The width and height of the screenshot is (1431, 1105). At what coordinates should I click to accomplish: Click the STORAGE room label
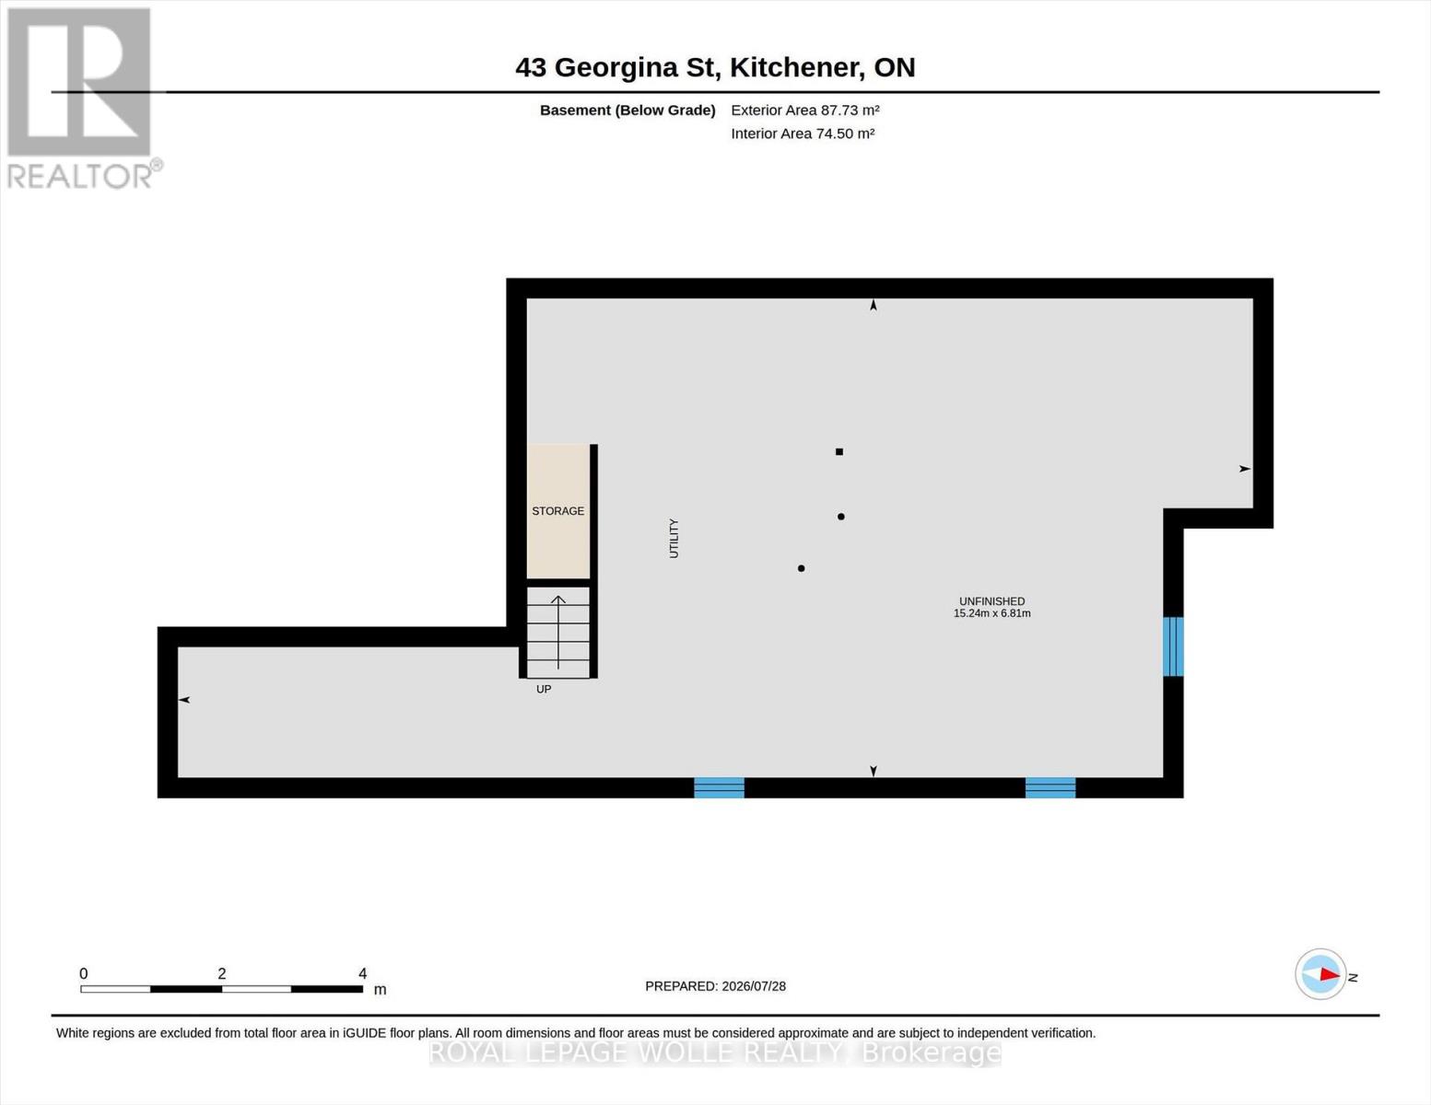coord(557,511)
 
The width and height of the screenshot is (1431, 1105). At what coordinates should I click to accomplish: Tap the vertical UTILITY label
coord(674,539)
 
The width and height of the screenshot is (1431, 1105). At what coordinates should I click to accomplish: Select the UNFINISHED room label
coord(991,601)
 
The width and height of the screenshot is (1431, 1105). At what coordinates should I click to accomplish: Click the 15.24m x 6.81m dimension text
coord(991,613)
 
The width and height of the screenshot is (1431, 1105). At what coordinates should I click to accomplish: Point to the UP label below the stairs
coord(544,689)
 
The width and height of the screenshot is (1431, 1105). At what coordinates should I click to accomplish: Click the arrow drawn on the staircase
coord(557,632)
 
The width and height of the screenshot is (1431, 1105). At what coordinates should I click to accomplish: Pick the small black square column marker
coord(839,451)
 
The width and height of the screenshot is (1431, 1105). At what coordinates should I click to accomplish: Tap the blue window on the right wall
coord(1173,646)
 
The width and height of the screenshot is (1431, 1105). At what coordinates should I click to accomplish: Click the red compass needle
coord(1330,974)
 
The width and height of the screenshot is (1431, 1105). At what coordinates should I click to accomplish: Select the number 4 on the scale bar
coord(362,972)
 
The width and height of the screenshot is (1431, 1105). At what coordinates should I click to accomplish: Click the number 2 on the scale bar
coord(222,972)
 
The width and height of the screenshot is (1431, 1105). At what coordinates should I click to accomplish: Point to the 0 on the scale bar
coord(84,972)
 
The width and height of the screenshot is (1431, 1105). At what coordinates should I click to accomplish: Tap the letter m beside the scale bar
coord(380,989)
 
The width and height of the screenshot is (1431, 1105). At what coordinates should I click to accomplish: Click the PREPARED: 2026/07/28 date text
coord(715,986)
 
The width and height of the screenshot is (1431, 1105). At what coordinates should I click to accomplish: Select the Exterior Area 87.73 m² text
coord(805,110)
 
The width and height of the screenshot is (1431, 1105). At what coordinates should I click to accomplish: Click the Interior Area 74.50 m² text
coord(803,134)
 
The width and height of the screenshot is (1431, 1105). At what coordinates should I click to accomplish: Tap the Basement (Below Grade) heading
coord(628,110)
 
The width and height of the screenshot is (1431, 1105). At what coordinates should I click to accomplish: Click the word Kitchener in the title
coord(797,67)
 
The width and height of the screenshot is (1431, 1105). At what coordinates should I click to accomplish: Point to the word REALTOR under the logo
coord(79,177)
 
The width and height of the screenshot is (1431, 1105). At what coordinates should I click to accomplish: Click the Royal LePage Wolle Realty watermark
coord(715,1053)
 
